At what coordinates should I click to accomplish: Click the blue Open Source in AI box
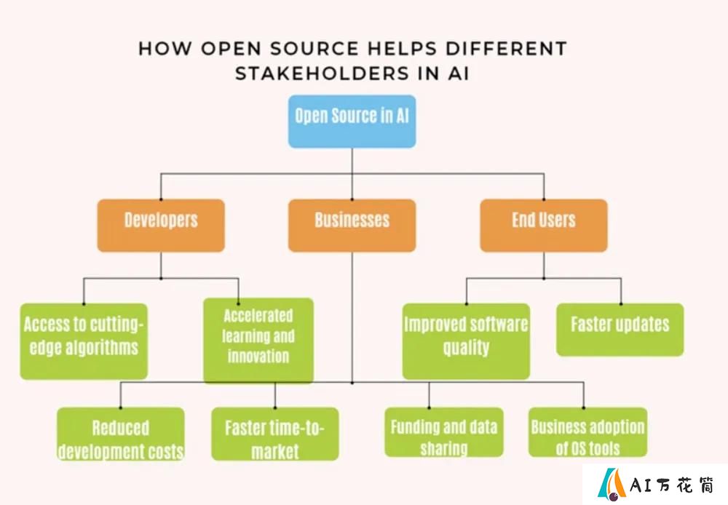(352, 122)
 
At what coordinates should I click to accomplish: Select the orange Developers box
(161, 226)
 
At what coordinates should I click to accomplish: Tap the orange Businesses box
(352, 226)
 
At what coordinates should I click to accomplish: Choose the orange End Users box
(543, 226)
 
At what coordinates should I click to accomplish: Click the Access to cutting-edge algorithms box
(84, 341)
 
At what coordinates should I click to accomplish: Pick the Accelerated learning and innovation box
(258, 341)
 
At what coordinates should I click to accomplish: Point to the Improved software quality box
(466, 341)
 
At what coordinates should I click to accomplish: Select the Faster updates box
(620, 330)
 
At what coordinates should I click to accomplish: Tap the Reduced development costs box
(121, 434)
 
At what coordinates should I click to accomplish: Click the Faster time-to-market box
(275, 434)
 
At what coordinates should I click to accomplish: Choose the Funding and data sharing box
(444, 432)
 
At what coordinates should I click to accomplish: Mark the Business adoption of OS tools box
(587, 432)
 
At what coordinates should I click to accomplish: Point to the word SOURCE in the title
(314, 49)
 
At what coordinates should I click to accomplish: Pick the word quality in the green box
(466, 348)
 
